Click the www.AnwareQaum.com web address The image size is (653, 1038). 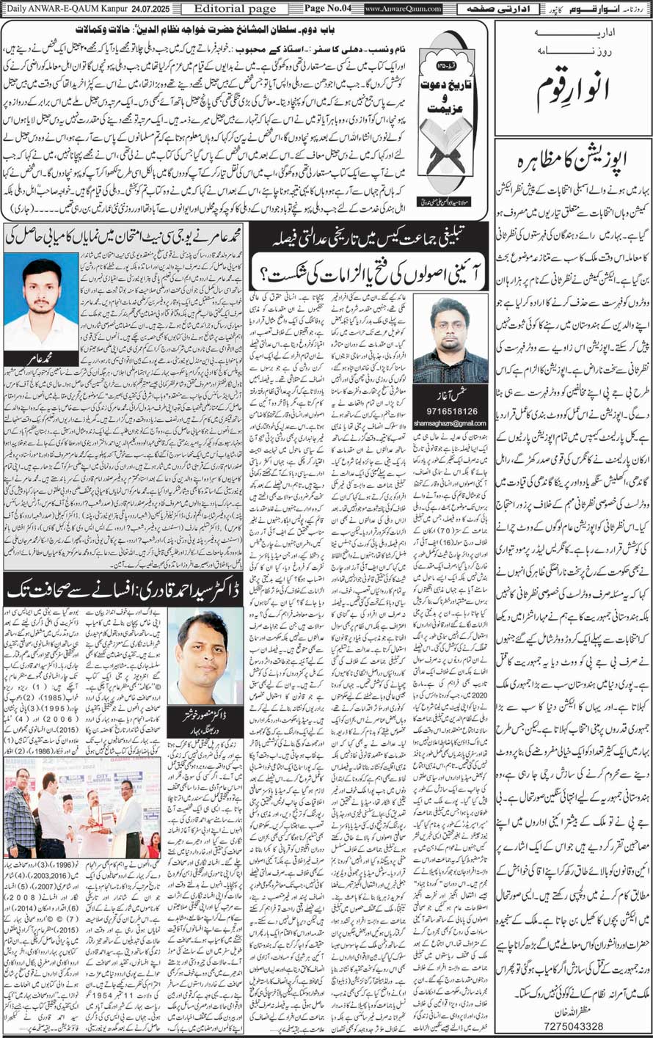403,9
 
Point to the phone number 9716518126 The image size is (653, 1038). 450,412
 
